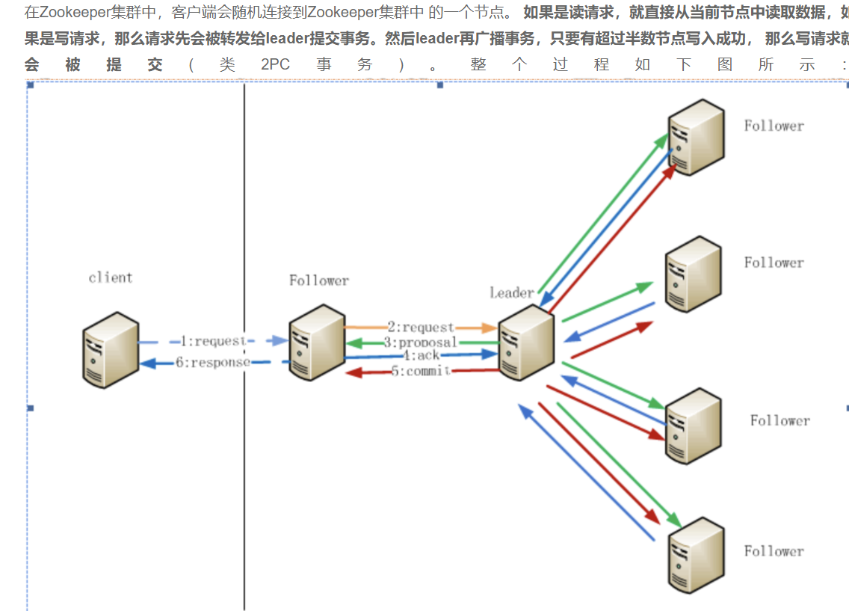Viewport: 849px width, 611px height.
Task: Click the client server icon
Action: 111,349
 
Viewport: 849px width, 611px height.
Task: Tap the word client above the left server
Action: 111,277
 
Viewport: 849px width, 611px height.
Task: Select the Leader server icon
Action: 527,343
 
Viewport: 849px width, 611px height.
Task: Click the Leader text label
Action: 512,292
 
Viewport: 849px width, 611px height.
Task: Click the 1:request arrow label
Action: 213,341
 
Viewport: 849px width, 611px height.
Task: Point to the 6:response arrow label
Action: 213,363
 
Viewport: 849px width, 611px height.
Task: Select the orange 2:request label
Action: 420,328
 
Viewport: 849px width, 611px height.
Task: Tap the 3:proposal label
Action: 420,343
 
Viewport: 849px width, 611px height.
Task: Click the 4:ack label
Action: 422,356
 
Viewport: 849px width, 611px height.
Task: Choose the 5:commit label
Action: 420,371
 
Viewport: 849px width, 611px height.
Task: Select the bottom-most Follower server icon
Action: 696,553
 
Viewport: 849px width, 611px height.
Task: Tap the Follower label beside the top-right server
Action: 774,126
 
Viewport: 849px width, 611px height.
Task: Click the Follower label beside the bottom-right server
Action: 774,551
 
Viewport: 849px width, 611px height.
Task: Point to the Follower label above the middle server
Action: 319,280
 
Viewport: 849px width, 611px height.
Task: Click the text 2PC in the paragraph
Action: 275,64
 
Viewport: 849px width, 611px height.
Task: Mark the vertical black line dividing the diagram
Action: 244,449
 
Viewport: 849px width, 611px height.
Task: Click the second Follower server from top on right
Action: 694,274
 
